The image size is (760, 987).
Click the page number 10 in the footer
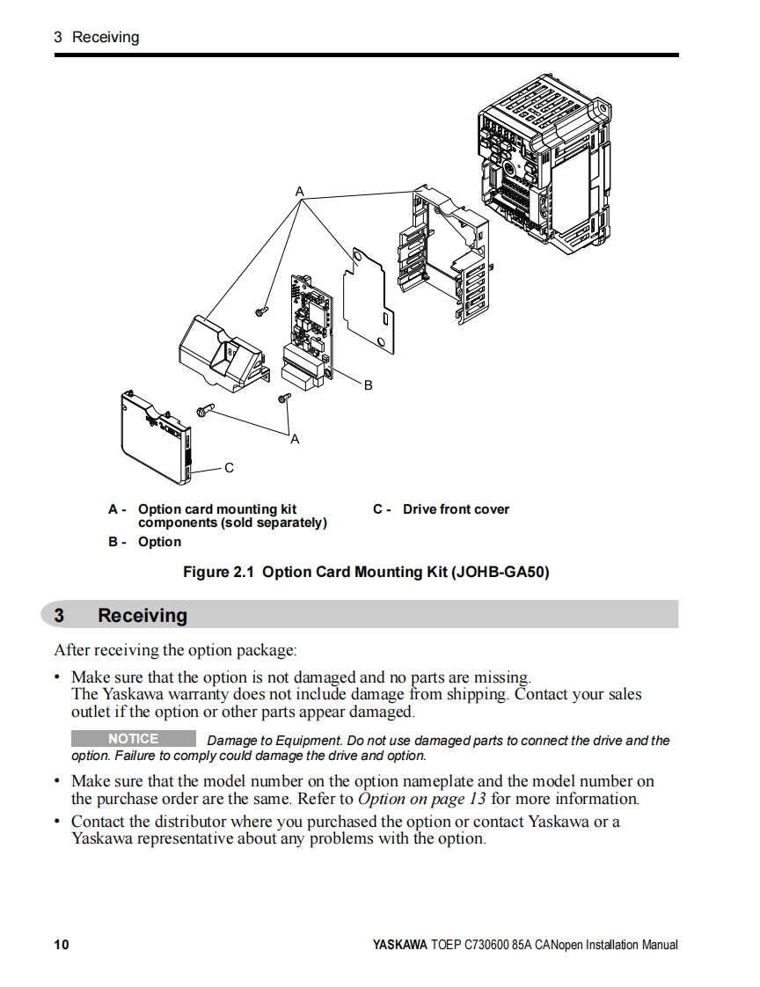[x=61, y=945]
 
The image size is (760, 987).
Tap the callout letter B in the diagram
[x=368, y=385]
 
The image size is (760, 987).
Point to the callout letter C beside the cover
[x=229, y=468]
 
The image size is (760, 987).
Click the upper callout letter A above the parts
[x=299, y=191]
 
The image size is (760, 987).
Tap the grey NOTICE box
[x=134, y=739]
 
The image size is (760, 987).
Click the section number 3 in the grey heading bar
[x=59, y=616]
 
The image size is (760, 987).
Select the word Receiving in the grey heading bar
[x=142, y=616]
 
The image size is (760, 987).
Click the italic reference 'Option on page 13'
[x=422, y=799]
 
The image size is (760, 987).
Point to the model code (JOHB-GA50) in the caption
[x=500, y=572]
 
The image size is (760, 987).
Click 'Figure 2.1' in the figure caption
[x=218, y=572]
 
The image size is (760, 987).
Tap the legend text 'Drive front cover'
[x=456, y=509]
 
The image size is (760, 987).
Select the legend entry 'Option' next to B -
[x=159, y=542]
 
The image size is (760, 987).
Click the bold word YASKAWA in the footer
[x=399, y=945]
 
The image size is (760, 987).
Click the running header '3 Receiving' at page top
[x=96, y=37]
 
